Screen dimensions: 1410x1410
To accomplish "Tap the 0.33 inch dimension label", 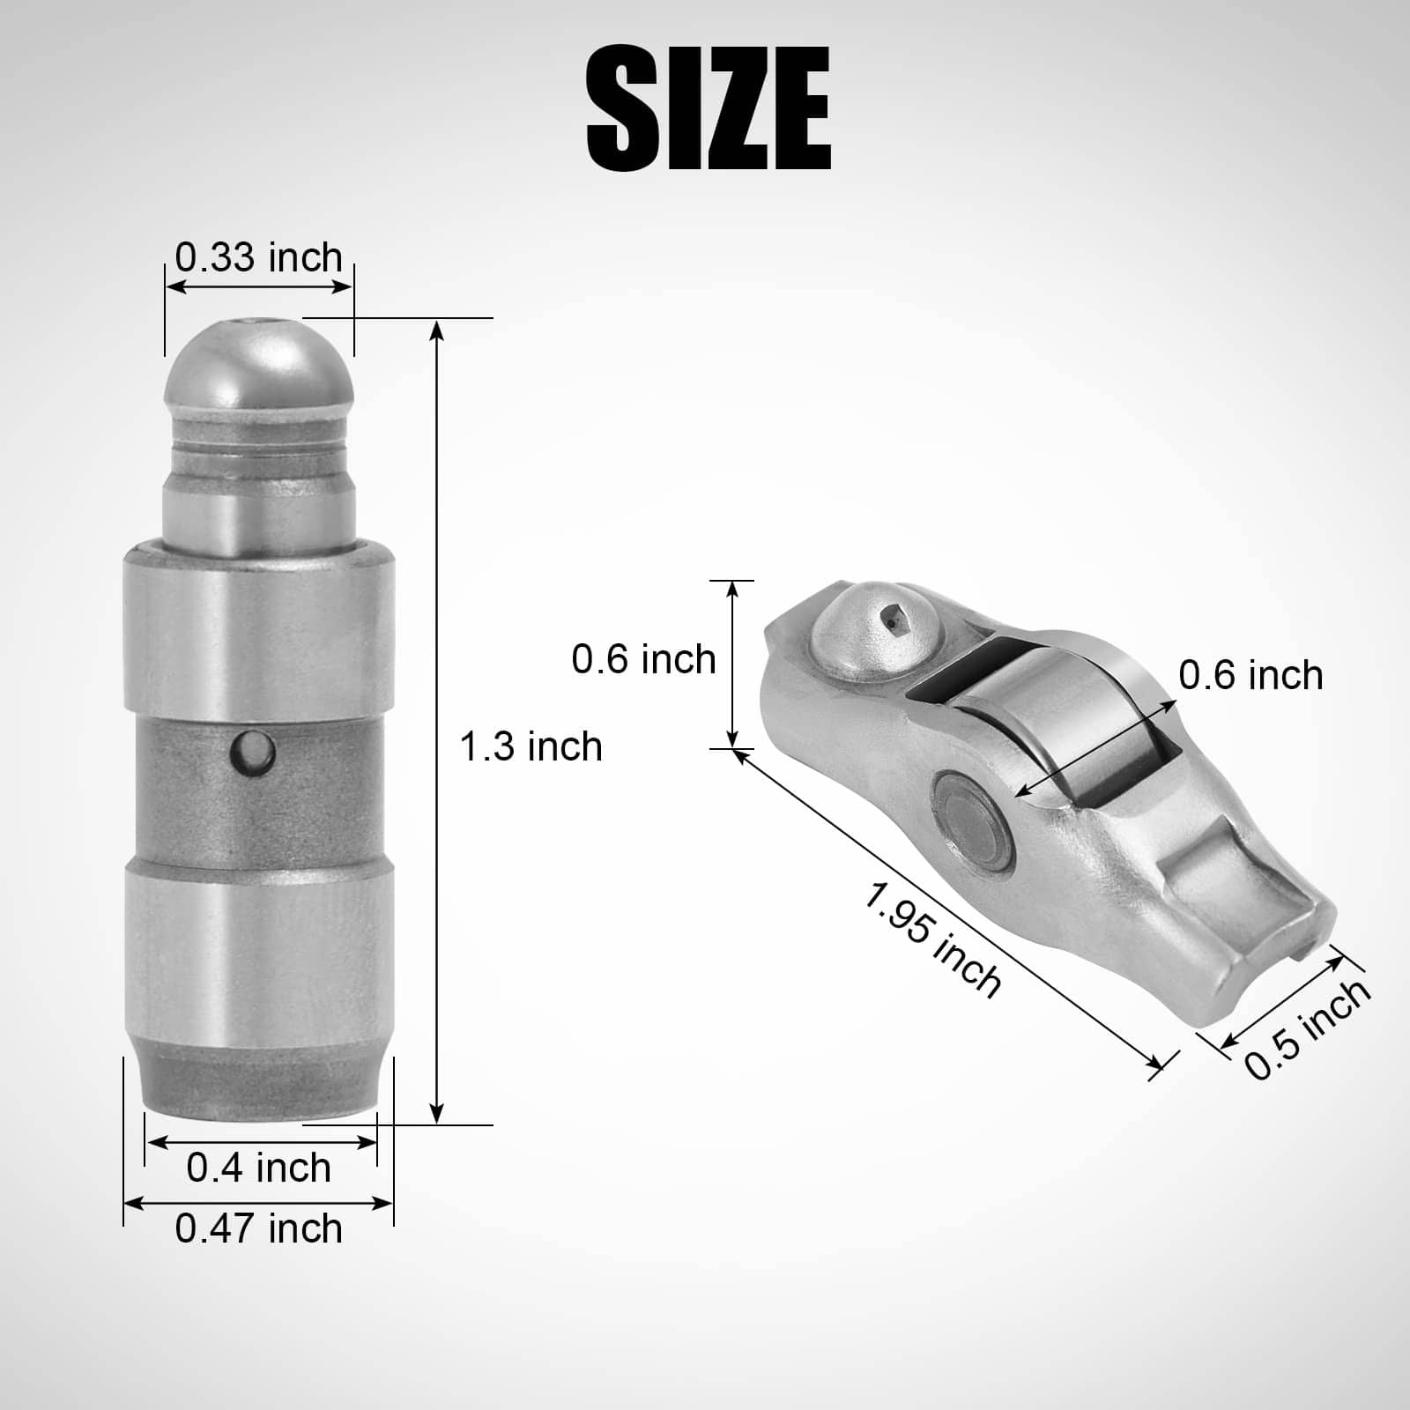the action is (259, 257).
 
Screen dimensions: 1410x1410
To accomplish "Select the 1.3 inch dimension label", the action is (531, 746).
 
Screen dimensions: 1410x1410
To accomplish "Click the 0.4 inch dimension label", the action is (259, 1168).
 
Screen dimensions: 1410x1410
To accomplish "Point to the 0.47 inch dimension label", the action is (259, 1228).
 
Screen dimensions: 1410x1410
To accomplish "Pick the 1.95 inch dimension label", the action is (931, 940).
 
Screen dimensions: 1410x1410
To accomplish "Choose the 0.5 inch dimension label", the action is (1308, 1028).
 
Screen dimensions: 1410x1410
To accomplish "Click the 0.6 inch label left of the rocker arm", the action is (644, 659).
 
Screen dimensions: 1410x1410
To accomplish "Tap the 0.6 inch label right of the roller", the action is (1251, 675).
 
